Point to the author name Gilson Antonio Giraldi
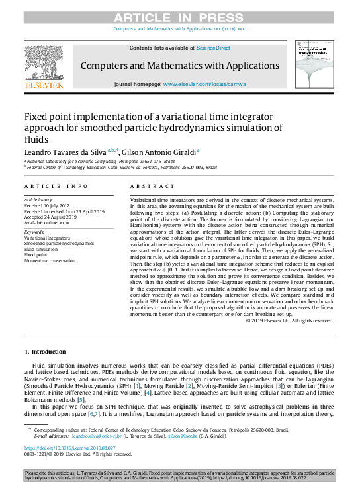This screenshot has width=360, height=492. pyautogui.click(x=157, y=152)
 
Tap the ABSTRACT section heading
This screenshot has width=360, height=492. pyautogui.click(x=147, y=187)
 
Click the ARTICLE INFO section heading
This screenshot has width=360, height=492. pyautogui.click(x=56, y=187)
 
